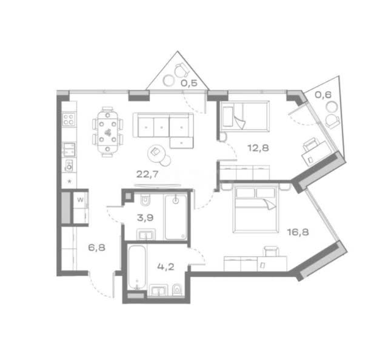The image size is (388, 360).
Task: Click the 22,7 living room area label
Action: (147, 175)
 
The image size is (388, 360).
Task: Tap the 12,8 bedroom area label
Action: (258, 148)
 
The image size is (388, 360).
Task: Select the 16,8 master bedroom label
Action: (298, 232)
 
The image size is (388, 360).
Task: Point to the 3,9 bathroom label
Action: (145, 218)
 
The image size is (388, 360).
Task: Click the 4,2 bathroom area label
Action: (166, 267)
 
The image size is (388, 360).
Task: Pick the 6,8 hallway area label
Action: (97, 247)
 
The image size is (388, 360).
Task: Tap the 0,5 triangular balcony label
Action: (189, 83)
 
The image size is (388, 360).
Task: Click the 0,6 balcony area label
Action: (323, 95)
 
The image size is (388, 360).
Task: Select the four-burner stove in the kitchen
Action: (69, 119)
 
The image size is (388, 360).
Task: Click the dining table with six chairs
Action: (108, 132)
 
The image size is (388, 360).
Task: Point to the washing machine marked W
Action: (81, 199)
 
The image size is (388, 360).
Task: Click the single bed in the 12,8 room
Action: (244, 116)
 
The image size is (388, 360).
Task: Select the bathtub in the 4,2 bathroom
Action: (137, 267)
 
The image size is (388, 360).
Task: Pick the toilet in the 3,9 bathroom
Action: (145, 200)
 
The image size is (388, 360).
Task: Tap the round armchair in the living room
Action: (156, 153)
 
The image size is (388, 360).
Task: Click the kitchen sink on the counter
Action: (69, 149)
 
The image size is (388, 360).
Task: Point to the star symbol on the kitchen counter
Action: (70, 181)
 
